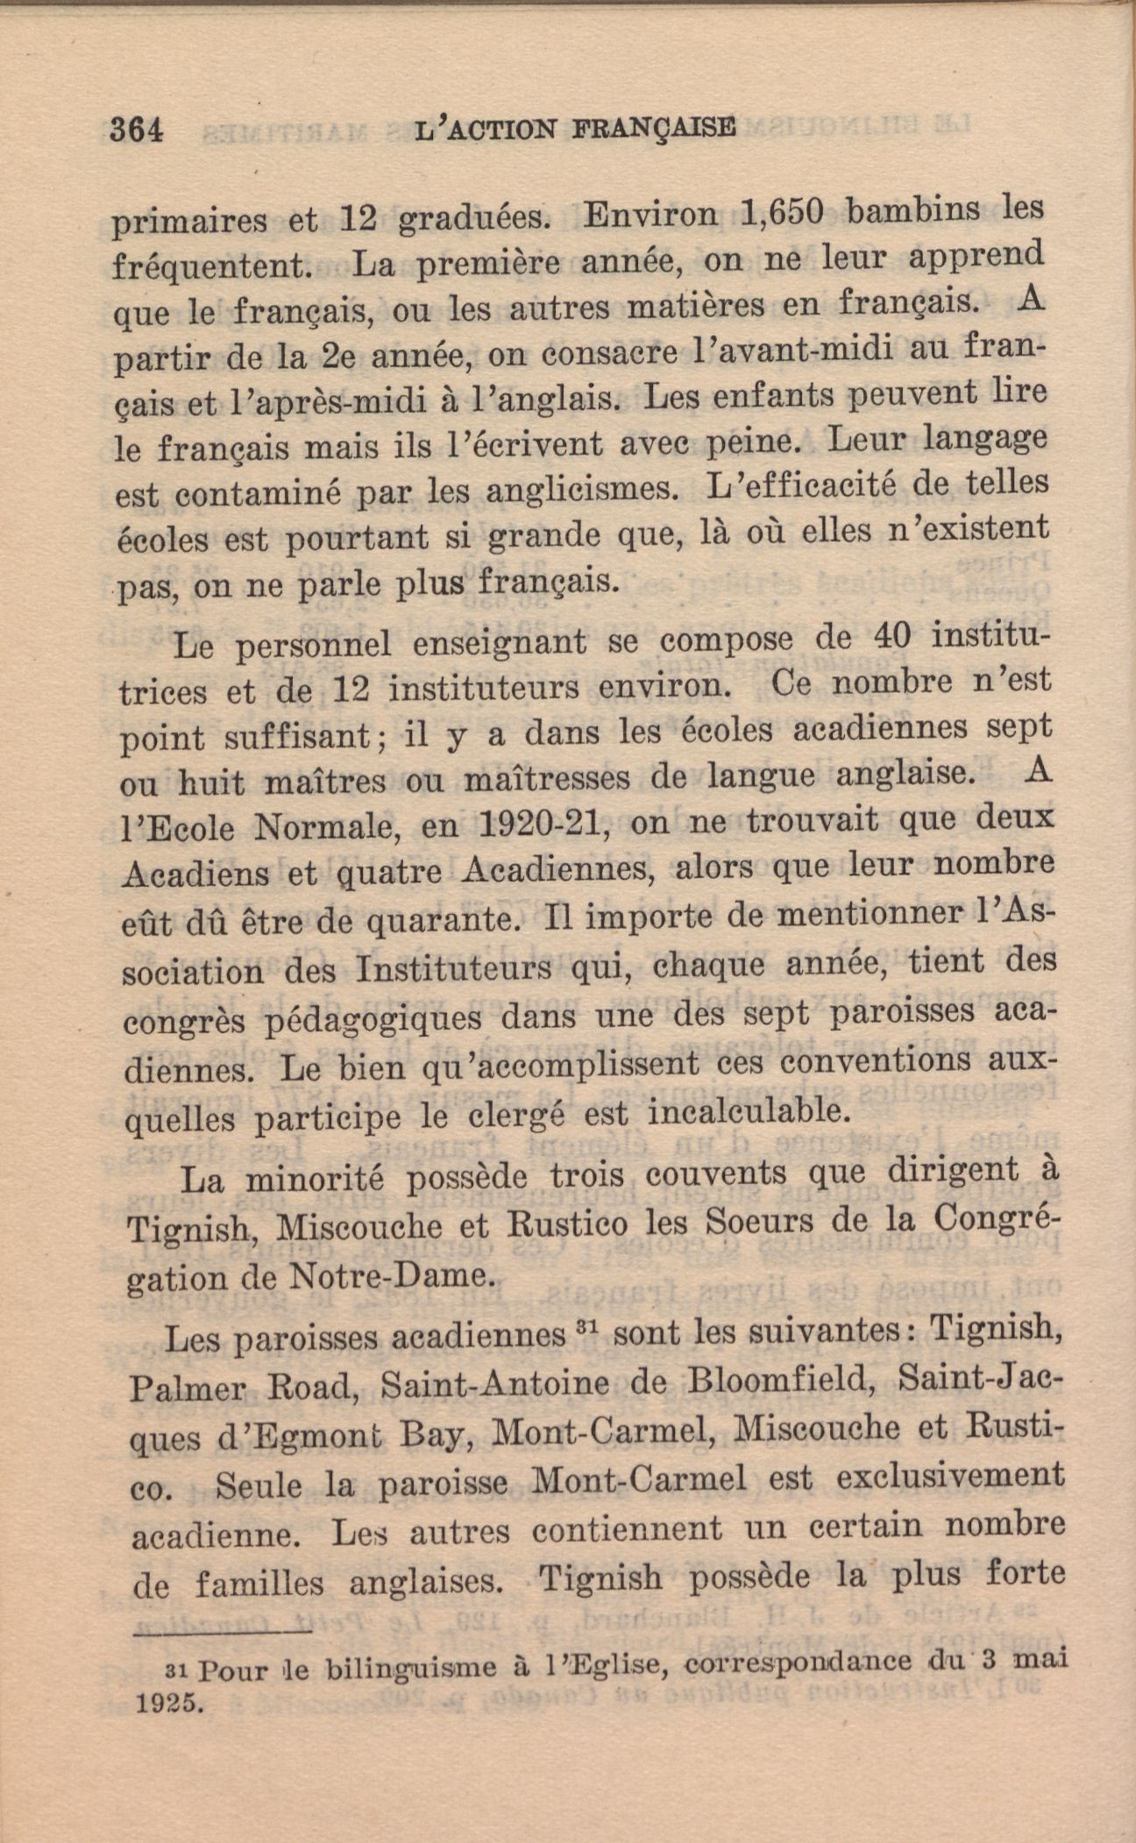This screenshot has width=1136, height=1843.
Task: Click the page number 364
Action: click(138, 130)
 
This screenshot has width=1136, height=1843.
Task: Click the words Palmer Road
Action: click(238, 1387)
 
